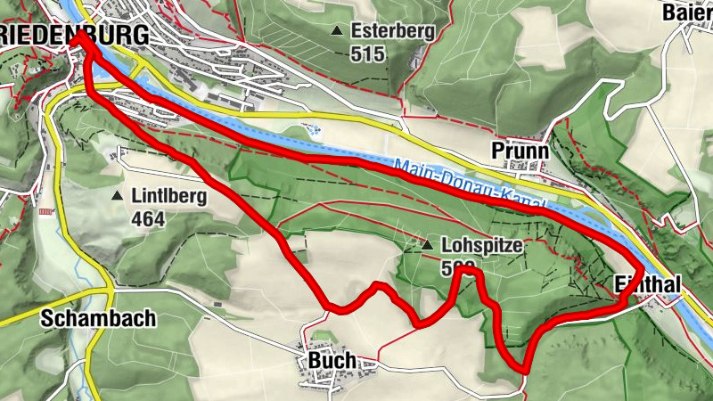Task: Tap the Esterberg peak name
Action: (x=392, y=31)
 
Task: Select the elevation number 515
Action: (x=367, y=54)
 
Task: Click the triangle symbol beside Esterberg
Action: (x=337, y=31)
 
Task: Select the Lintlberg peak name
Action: (x=168, y=196)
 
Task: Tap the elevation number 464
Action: (x=148, y=218)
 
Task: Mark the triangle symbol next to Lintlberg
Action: (x=117, y=195)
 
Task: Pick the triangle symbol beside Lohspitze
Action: (x=428, y=244)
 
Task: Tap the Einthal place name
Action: (x=648, y=284)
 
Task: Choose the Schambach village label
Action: (x=98, y=318)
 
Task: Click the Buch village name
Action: (x=332, y=360)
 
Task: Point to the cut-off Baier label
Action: (x=687, y=12)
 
